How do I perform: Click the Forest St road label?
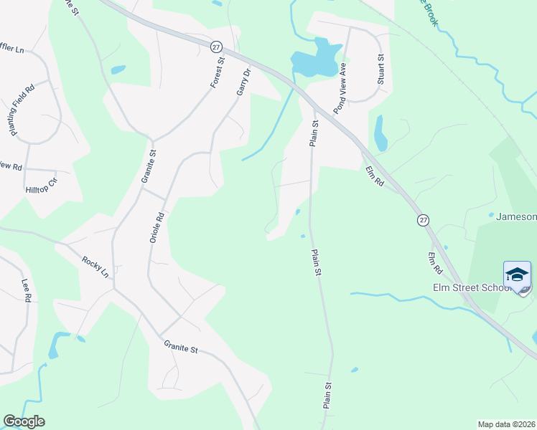coord(218,73)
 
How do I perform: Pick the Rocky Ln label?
coord(95,267)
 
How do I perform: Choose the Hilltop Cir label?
coord(41,183)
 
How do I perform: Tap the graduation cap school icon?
coord(517,274)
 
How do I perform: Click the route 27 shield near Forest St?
coord(217,47)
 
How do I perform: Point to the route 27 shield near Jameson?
coord(423,219)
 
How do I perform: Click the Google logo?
coord(24,421)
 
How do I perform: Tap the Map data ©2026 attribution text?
coord(507,424)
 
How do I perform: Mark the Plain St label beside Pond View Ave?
coord(314,133)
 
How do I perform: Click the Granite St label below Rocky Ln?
coord(179,348)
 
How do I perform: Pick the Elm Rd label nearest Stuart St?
coord(375,177)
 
